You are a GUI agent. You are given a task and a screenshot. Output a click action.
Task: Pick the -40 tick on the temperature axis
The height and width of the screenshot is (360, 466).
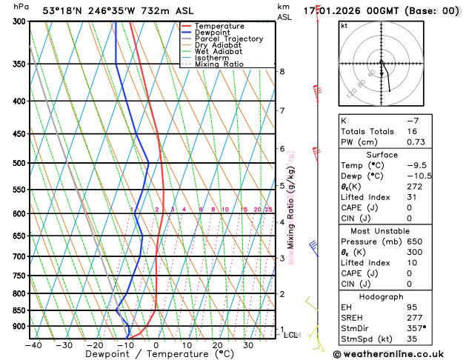[33, 344]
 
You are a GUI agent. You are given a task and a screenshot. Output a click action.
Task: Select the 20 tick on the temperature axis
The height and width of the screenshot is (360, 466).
[217, 344]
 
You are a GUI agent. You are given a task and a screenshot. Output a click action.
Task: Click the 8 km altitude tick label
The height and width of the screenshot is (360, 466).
[282, 71]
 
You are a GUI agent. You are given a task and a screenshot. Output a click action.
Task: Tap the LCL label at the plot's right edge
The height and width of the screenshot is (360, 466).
[291, 335]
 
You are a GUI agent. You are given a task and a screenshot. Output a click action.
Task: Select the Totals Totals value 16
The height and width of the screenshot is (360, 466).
[430, 131]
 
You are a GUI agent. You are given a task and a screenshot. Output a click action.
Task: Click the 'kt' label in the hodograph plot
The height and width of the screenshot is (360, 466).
[344, 25]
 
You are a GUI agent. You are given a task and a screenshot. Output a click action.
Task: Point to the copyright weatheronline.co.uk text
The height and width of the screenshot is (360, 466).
[398, 353]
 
